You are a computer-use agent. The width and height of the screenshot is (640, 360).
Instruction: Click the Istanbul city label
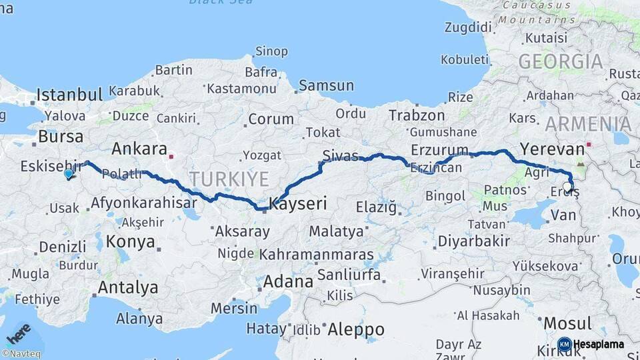pos(69,93)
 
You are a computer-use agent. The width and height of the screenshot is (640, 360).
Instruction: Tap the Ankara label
pos(139,148)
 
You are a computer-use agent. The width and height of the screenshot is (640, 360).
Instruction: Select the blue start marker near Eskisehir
pos(69,174)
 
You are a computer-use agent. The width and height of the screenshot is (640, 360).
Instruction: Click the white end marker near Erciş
pos(567,187)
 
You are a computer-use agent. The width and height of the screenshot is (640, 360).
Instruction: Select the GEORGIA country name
pos(560,62)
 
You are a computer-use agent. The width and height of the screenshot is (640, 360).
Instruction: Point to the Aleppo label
pos(355,329)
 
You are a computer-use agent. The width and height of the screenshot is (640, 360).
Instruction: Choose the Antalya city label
pos(128,287)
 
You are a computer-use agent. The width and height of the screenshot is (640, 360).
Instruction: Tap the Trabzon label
pos(417,115)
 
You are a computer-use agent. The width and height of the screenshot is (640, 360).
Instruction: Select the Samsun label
pos(326,85)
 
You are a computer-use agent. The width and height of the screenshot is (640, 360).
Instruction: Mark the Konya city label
pos(130,241)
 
